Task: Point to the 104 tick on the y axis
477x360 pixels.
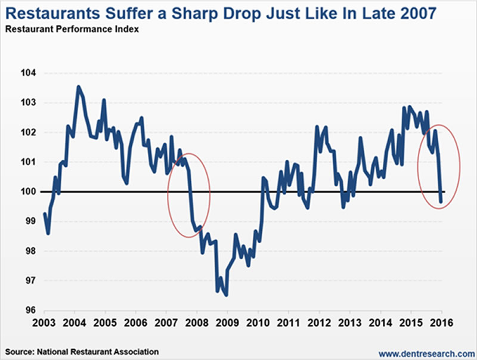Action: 28,73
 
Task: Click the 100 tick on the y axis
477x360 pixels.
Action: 28,191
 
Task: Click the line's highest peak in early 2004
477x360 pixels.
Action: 78,87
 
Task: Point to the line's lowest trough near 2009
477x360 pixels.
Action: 226,294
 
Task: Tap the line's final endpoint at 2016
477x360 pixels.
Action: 441,202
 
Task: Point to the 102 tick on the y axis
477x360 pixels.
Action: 28,132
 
